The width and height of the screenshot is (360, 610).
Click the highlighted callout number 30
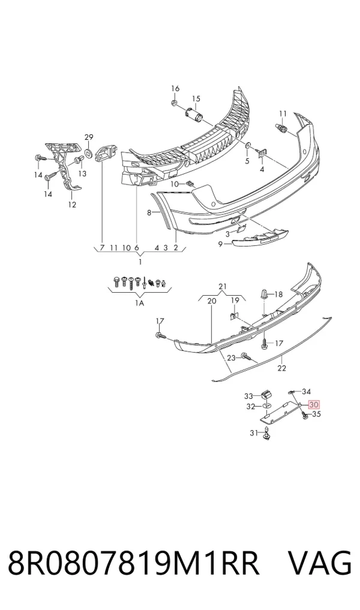[x=314, y=404]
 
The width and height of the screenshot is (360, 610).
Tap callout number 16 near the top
[x=175, y=89]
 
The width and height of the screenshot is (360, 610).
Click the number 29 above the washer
[x=89, y=137]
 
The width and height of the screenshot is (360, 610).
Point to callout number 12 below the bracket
[x=72, y=205]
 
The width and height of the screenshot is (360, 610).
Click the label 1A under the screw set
[x=139, y=302]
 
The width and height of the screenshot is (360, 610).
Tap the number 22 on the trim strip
[x=282, y=368]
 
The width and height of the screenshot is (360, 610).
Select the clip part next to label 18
[x=264, y=295]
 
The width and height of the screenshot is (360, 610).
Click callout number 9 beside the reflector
[x=220, y=244]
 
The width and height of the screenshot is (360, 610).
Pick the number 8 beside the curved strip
[x=149, y=212]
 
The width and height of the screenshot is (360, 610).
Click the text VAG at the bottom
[x=319, y=562]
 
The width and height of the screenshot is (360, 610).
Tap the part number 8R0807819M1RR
[x=133, y=562]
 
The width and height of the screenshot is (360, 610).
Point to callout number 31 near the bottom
[x=254, y=432]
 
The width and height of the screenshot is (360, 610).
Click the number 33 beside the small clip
[x=248, y=396]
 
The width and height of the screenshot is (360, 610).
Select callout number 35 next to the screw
[x=316, y=414]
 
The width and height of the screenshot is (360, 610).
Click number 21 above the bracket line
[x=222, y=287]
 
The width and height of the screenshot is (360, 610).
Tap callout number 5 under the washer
[x=247, y=161]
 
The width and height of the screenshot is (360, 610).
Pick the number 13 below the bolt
[x=83, y=173]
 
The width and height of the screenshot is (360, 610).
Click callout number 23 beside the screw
[x=231, y=357]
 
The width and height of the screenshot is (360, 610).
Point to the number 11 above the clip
[x=283, y=113]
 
